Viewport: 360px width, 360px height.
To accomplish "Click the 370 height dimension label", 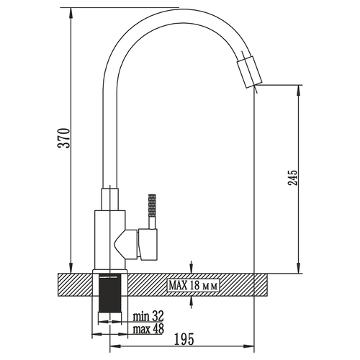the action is point(65,138).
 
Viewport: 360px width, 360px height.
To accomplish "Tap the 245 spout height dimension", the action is point(292,178).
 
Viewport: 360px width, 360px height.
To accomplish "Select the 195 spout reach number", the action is point(184,339).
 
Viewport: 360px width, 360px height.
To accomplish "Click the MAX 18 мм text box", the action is point(193,285).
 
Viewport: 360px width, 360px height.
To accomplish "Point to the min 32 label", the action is point(148,316).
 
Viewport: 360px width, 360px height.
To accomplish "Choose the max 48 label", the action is point(148,328).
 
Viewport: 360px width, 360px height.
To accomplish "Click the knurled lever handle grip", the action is point(152,206).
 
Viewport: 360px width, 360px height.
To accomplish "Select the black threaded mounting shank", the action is point(110,293).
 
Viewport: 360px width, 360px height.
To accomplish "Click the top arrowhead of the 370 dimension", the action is point(71,13).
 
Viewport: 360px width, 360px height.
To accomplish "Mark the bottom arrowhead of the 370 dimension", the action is point(71,268).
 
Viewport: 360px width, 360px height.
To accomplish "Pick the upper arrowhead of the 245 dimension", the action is point(298,91).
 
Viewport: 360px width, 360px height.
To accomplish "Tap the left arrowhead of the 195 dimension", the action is point(115,346).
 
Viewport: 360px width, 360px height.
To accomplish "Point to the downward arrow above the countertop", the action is point(191,267).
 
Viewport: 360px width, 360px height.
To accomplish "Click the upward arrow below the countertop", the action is point(191,302).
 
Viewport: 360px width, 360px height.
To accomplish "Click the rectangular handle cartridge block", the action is point(148,244).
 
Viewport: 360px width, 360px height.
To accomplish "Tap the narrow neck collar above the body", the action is point(110,199).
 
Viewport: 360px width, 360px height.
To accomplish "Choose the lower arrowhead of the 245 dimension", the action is point(298,268).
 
